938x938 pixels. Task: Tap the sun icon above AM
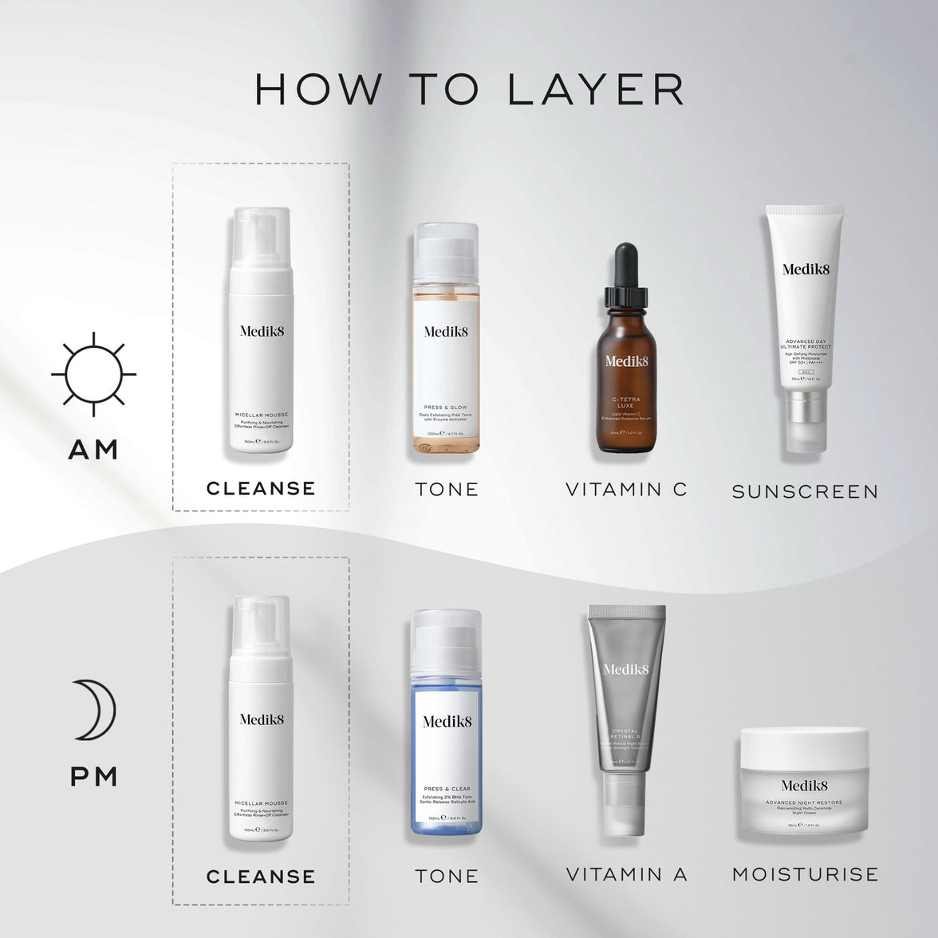pyautogui.click(x=94, y=374)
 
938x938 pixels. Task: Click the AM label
pyautogui.click(x=94, y=450)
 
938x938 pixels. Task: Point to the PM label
pyautogui.click(x=94, y=776)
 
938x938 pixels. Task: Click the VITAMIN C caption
pyautogui.click(x=626, y=489)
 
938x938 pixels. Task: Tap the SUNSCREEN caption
pyautogui.click(x=805, y=491)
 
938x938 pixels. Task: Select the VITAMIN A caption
pyautogui.click(x=626, y=874)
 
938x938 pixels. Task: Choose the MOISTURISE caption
pyautogui.click(x=805, y=874)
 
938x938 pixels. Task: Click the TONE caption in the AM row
pyautogui.click(x=447, y=489)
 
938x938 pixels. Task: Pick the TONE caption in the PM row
pyautogui.click(x=447, y=876)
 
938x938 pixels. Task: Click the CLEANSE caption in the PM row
pyautogui.click(x=261, y=877)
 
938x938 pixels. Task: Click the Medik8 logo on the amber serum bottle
pyautogui.click(x=626, y=361)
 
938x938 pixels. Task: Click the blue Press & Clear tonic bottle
pyautogui.click(x=447, y=742)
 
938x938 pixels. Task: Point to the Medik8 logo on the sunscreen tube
pyautogui.click(x=805, y=269)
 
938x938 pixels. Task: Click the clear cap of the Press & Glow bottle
pyautogui.click(x=447, y=247)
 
